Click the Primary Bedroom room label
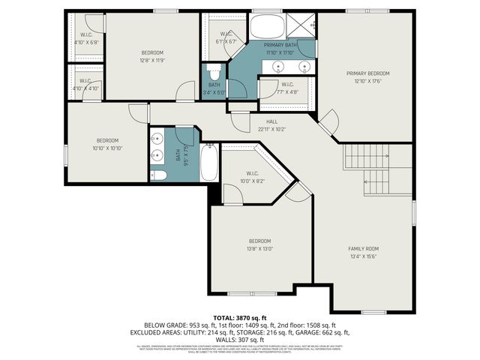click(x=367, y=73)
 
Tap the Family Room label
click(x=363, y=248)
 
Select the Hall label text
click(x=271, y=121)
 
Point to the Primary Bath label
click(x=279, y=46)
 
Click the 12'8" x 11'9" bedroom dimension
click(x=152, y=60)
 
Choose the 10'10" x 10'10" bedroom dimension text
click(x=106, y=148)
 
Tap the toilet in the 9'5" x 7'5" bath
click(x=158, y=175)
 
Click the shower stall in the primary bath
click(x=304, y=25)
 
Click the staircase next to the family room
click(x=377, y=169)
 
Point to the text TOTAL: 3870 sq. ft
click(x=239, y=318)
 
